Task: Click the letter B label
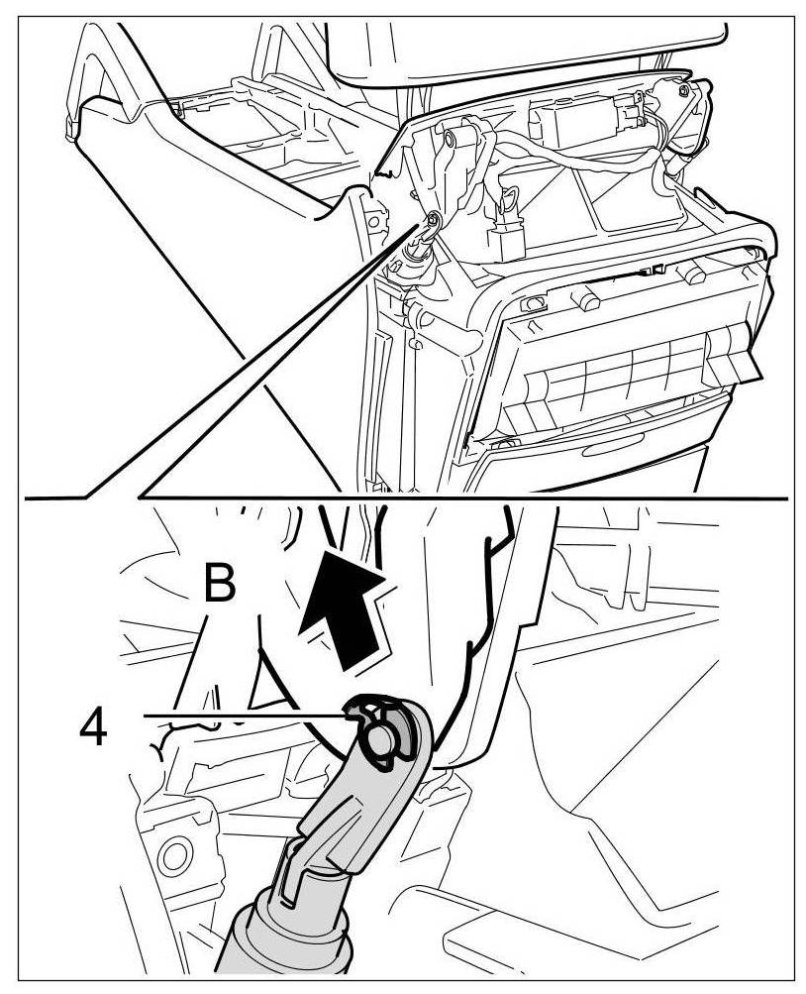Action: point(220,584)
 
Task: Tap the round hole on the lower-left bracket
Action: point(176,852)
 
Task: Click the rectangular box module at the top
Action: point(569,124)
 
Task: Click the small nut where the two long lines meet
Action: point(433,219)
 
